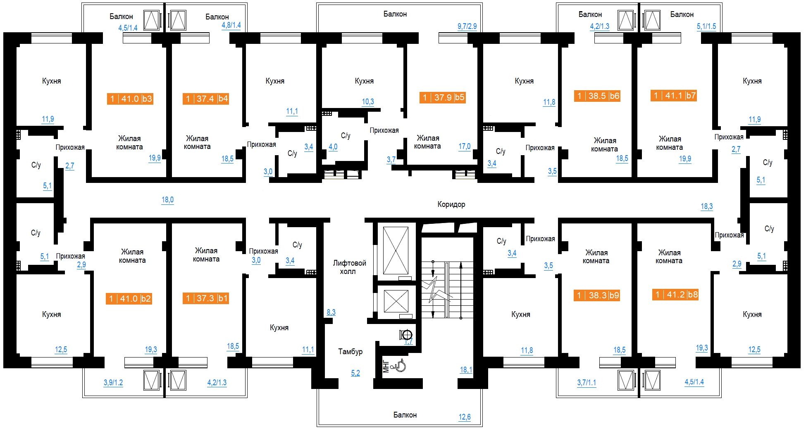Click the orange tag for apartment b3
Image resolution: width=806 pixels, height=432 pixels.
tap(130, 98)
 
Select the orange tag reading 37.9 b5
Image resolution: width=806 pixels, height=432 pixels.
tap(443, 97)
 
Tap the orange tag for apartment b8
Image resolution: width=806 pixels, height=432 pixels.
tap(675, 295)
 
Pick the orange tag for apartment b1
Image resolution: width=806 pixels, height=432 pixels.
tap(206, 298)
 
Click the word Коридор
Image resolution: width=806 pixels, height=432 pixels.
tap(451, 204)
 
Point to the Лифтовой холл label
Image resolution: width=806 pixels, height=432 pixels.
tap(350, 267)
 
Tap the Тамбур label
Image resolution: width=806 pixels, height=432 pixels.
tap(351, 352)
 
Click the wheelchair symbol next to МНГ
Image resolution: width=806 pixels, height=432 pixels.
tap(401, 366)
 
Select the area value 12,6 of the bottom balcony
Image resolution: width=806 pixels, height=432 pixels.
tap(465, 417)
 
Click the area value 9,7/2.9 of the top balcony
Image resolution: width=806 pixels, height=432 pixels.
tap(467, 26)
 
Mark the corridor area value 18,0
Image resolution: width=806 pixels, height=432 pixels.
tap(167, 200)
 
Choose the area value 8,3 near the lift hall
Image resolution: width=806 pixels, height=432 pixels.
tap(331, 312)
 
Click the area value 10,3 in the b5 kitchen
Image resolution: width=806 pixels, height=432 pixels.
tap(368, 102)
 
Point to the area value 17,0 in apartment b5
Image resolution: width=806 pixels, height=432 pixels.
tap(465, 146)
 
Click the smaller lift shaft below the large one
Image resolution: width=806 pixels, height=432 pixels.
tap(396, 301)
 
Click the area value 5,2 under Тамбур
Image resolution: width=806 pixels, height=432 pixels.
tap(355, 373)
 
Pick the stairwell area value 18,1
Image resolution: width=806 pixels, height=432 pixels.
tap(466, 370)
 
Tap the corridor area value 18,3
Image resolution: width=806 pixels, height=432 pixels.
tap(707, 206)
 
